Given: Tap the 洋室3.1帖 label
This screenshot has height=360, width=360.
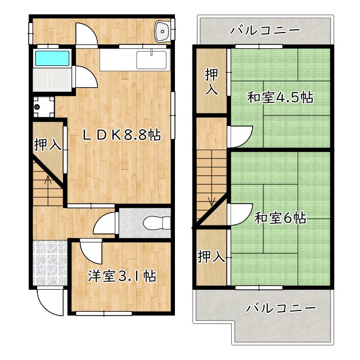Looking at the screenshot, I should [x=121, y=276].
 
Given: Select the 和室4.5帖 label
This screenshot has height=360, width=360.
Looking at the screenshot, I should [x=280, y=97].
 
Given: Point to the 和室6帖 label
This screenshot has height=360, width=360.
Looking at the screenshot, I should [x=280, y=218].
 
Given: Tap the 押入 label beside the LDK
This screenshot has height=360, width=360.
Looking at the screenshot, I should [x=47, y=145].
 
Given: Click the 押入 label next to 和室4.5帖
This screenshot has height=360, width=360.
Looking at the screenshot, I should [x=212, y=82].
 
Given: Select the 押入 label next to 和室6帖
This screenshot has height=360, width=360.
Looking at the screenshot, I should [x=211, y=257].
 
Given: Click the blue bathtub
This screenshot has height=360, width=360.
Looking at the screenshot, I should [x=52, y=58].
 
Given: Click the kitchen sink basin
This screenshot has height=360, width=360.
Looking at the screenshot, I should [x=152, y=59].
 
